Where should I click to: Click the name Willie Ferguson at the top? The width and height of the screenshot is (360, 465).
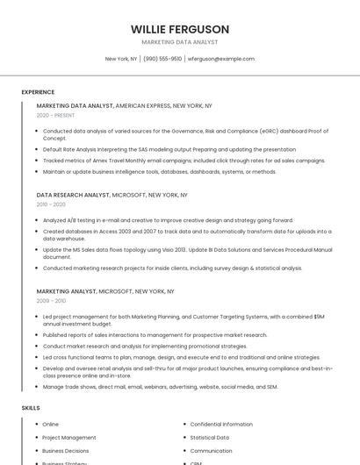point(180,29)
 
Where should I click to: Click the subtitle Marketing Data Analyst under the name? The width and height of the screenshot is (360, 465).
point(180,42)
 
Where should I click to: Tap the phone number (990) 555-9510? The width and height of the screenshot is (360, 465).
point(162,59)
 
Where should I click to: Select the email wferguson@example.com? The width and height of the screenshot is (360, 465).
point(221,59)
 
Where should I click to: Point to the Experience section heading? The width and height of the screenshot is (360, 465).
point(38,92)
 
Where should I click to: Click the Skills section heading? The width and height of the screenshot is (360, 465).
point(31,408)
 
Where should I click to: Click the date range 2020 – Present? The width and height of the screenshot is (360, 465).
point(55,115)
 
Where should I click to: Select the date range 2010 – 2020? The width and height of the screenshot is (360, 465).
point(51,204)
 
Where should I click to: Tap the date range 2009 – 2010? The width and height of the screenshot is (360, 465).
point(51,300)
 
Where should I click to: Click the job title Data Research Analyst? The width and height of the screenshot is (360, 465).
point(73,194)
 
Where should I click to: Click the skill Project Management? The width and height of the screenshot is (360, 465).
point(69,437)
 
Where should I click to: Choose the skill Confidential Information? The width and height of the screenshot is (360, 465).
point(221,424)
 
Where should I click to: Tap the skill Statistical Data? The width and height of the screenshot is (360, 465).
point(209,437)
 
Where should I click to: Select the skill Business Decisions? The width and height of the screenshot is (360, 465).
point(66,450)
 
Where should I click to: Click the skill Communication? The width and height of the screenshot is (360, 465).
point(212,450)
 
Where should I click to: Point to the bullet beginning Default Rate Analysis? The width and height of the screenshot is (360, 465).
point(169,149)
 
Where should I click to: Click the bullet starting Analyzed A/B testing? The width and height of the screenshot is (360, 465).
point(168,220)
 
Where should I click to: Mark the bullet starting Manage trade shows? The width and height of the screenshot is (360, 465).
point(160,386)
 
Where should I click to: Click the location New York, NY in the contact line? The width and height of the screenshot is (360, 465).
point(121,59)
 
